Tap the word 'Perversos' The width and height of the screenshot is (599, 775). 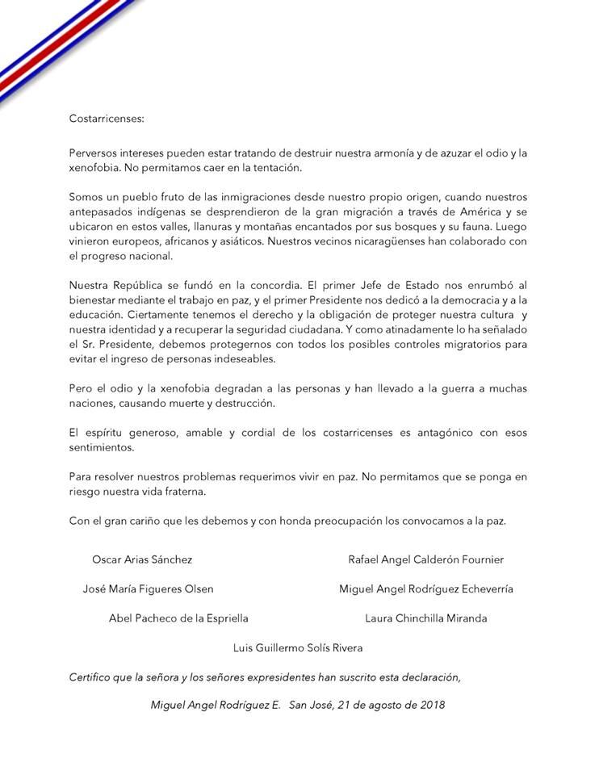tap(95, 153)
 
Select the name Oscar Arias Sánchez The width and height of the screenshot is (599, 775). tap(142, 559)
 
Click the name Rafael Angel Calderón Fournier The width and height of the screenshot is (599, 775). tap(425, 559)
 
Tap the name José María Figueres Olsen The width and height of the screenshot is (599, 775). tap(149, 589)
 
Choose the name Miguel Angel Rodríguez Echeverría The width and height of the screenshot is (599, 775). tap(425, 589)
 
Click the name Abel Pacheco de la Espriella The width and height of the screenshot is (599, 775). tap(178, 618)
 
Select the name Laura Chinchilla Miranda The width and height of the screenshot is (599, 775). tap(425, 618)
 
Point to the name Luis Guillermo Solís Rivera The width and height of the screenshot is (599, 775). tap(297, 647)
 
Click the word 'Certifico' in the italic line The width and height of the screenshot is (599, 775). tap(94, 676)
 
